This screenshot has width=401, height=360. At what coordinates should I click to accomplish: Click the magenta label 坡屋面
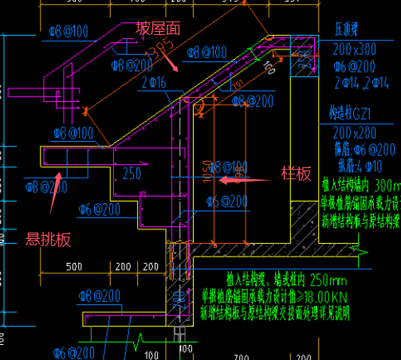(x=159, y=28)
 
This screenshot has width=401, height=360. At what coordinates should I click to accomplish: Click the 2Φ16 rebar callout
(x=154, y=82)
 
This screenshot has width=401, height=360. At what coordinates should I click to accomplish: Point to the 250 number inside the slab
(x=132, y=173)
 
